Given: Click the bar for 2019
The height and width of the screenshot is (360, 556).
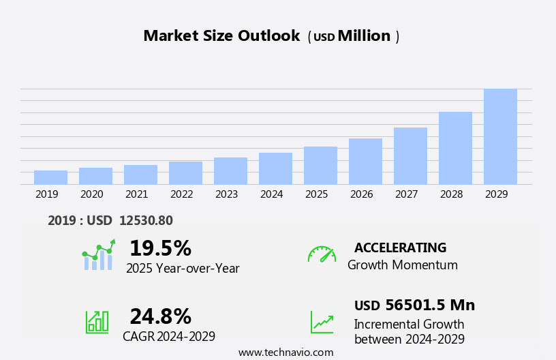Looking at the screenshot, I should (x=50, y=177).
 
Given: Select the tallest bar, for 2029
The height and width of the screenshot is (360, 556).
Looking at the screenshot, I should (x=500, y=136).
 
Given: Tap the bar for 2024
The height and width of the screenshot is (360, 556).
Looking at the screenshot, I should (x=275, y=168).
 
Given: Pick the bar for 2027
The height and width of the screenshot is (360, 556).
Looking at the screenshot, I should (x=410, y=155).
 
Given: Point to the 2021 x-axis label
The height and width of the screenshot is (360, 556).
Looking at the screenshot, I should (x=136, y=194).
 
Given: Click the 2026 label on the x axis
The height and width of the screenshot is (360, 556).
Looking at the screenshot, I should (x=361, y=194).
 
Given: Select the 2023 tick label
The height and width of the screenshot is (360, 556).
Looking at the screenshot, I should (x=226, y=194).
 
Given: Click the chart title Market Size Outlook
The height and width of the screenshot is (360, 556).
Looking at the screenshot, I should (x=221, y=36).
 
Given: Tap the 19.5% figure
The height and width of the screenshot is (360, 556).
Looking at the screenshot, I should (x=160, y=248).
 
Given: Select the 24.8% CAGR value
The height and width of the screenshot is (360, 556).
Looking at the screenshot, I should (x=160, y=316).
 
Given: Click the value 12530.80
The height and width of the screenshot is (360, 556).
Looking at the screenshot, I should (x=146, y=220).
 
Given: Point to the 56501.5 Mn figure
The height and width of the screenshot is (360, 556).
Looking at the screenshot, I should (x=430, y=305).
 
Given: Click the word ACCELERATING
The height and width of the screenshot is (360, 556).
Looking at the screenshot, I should (x=400, y=247).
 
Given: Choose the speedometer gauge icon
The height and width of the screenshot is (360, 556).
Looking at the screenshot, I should (x=322, y=254).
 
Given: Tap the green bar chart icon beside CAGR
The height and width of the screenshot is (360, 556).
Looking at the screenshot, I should (x=97, y=322).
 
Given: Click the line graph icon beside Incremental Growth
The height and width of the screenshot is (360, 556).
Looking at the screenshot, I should (x=322, y=322).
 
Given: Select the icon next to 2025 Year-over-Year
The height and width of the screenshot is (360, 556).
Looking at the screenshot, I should (x=98, y=255).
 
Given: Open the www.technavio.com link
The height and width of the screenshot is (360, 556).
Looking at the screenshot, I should (x=285, y=352).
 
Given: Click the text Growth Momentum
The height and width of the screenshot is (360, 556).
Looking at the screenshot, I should (x=402, y=265).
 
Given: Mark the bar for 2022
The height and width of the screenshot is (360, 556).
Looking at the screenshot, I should (x=185, y=172).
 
